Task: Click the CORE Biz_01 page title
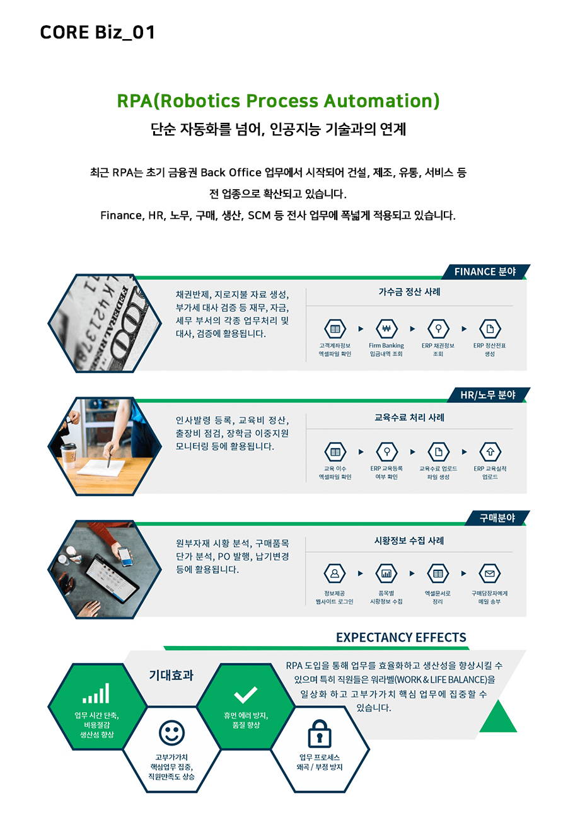(x=97, y=33)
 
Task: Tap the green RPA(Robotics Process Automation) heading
(x=278, y=101)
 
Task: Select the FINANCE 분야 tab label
(x=485, y=272)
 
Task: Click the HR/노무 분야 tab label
(x=488, y=395)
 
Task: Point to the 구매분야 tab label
(x=497, y=517)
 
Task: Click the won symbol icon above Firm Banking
(x=386, y=328)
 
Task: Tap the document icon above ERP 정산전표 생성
(x=490, y=328)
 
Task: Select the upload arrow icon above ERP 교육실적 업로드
(x=490, y=452)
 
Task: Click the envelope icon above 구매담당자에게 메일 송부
(x=490, y=574)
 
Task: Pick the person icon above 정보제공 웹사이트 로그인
(x=335, y=574)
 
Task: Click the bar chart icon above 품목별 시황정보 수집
(x=386, y=574)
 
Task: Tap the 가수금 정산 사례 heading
(x=409, y=292)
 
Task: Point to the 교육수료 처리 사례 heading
(x=409, y=417)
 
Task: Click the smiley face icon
(x=171, y=733)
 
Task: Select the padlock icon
(x=319, y=734)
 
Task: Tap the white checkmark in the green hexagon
(x=246, y=695)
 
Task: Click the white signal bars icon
(x=96, y=693)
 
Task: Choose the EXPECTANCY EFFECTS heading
(x=402, y=637)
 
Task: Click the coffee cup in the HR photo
(x=69, y=456)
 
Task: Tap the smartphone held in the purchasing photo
(x=125, y=557)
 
